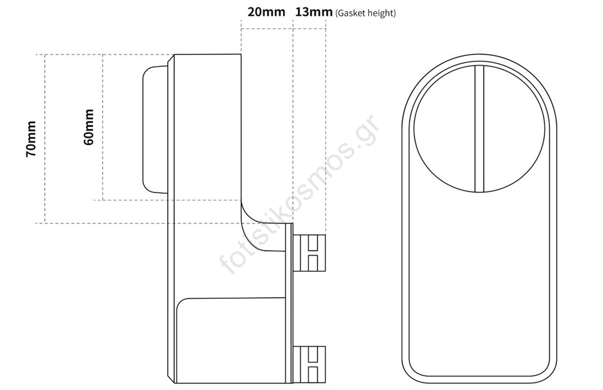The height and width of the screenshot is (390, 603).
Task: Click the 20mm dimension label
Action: click(x=266, y=12)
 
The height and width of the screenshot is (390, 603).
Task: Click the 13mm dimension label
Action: click(x=314, y=12)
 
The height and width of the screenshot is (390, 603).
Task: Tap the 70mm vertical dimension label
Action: click(x=31, y=139)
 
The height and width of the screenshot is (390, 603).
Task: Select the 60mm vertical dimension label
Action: click(x=89, y=127)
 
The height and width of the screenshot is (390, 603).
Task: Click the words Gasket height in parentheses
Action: click(x=365, y=13)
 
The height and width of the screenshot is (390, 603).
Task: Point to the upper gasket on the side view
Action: click(x=310, y=253)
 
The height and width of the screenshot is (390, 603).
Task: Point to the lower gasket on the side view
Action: click(x=310, y=364)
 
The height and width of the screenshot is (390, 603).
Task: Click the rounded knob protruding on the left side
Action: click(x=155, y=129)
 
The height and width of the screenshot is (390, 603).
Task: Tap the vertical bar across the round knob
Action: click(x=479, y=128)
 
